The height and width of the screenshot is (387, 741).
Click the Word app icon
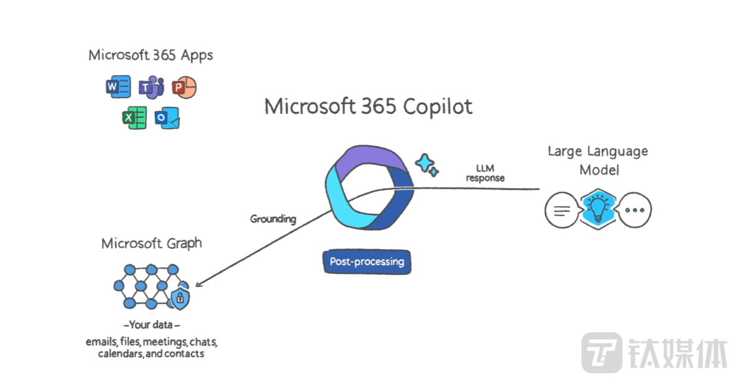118,88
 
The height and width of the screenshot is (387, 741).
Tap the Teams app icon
151,88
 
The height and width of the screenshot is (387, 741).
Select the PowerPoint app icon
184,88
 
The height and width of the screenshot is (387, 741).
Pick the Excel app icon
134,118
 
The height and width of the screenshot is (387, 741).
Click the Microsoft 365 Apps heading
151,55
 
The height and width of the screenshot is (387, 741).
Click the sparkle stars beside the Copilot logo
427,164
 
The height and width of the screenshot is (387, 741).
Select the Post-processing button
367,262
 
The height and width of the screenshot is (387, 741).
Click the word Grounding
273,219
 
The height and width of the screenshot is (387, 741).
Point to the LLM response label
485,173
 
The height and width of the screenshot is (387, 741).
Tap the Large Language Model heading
598,160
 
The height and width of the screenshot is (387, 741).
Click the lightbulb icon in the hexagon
597,209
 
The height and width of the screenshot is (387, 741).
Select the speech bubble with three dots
634,210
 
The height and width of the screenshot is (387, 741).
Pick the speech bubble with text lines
561,210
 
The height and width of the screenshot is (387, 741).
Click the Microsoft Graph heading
151,244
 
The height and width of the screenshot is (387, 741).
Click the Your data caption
151,326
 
